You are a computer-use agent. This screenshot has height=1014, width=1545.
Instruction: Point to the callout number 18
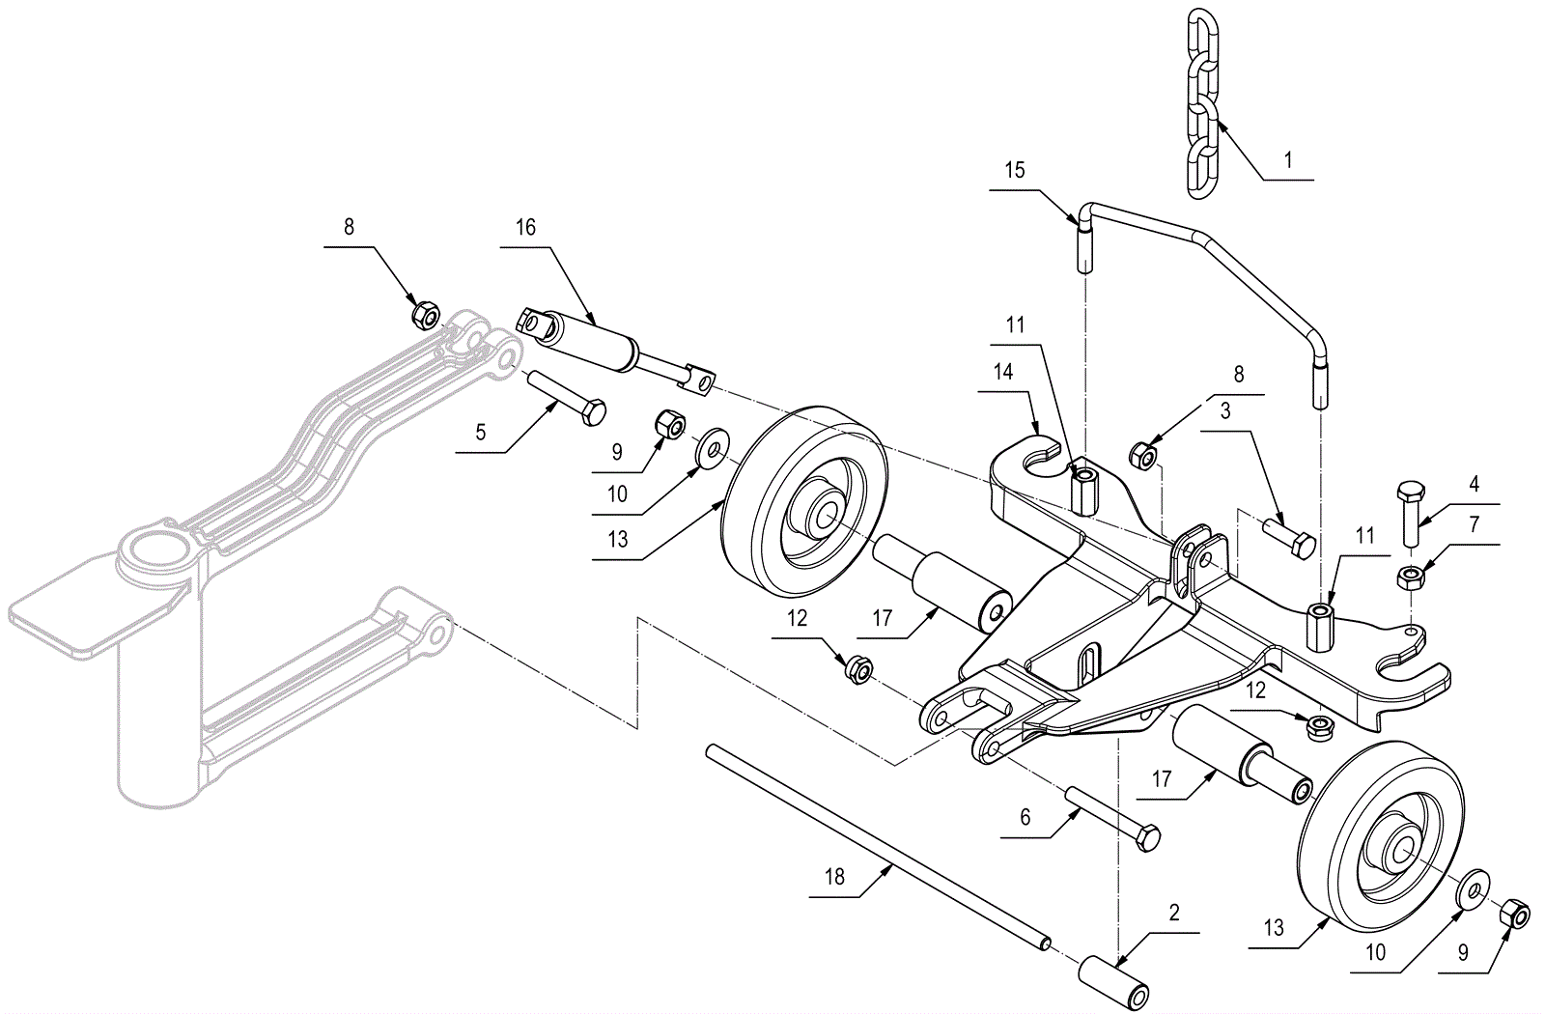point(835,877)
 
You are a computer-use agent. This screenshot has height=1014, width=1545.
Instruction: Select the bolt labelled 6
point(1110,816)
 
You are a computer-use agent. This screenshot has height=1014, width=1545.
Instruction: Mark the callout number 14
point(1003,372)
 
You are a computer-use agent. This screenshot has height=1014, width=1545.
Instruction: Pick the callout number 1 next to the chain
point(1288,160)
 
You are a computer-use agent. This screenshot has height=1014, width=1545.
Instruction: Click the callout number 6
point(1025,818)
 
